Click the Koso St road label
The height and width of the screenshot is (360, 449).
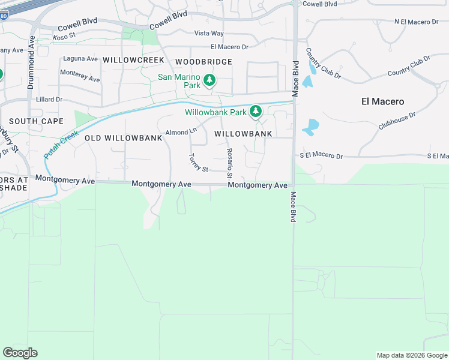click(64, 37)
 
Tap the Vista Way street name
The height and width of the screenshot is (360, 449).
click(209, 34)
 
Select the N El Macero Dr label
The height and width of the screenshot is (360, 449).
click(417, 22)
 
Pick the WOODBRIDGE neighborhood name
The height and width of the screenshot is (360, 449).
click(204, 62)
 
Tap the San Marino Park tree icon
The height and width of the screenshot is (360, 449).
click(209, 80)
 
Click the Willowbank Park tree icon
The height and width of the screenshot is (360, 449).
click(256, 111)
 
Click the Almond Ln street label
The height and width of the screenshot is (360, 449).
click(181, 131)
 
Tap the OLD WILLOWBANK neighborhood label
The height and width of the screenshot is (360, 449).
click(124, 138)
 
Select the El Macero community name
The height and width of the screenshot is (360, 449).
click(382, 101)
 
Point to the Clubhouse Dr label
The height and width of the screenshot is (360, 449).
click(397, 120)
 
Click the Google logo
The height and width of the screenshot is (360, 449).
click(20, 353)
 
